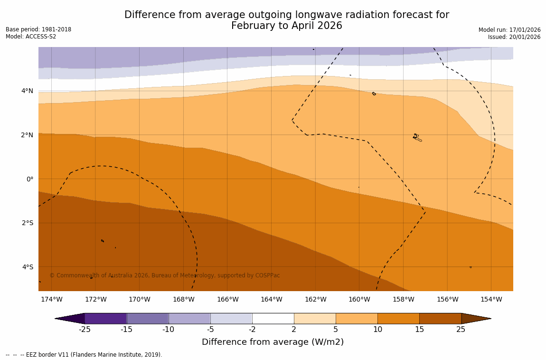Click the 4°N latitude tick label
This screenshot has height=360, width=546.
(27, 91)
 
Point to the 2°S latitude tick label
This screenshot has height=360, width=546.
(27, 223)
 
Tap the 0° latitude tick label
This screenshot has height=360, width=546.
(29, 179)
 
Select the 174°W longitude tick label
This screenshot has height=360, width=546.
(51, 299)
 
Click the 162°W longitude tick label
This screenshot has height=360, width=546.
(315, 299)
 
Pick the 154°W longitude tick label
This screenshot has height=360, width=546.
(491, 299)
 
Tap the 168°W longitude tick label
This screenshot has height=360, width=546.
(183, 299)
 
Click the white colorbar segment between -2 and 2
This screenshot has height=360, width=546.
(273, 318)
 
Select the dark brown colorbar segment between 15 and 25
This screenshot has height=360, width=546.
(440, 318)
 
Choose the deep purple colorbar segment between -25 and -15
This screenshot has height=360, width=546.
(105, 318)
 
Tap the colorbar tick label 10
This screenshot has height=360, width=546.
(377, 330)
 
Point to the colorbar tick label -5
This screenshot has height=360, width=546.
(210, 330)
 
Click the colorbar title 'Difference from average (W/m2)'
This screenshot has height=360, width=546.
(273, 342)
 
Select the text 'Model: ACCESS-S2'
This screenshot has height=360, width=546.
(31, 37)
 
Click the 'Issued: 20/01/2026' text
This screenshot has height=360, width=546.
(514, 37)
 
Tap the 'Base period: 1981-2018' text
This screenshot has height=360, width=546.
(38, 29)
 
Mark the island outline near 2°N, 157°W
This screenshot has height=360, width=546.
(416, 137)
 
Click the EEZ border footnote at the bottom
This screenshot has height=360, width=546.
(84, 355)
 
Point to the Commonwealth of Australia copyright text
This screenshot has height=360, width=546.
(165, 275)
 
